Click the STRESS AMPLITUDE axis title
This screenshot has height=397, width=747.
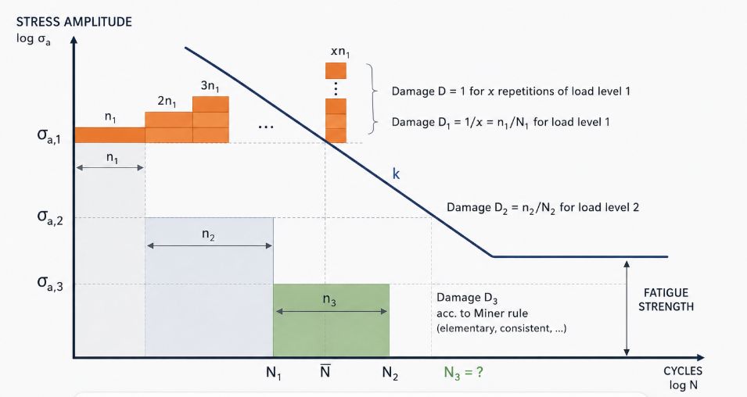[74, 22]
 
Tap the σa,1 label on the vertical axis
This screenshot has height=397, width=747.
[49, 136]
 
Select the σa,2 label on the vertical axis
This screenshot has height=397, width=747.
[50, 217]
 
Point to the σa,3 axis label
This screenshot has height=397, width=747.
[50, 283]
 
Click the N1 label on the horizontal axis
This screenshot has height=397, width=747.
[274, 374]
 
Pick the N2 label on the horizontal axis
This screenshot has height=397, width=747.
[390, 374]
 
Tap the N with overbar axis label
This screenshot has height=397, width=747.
[325, 370]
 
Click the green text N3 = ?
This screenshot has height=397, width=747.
[463, 373]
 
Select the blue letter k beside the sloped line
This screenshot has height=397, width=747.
[396, 173]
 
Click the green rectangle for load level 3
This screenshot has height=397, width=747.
[331, 320]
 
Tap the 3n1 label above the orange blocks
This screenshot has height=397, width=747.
[210, 86]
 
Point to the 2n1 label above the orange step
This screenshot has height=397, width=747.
[167, 102]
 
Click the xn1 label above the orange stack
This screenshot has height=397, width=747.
[340, 52]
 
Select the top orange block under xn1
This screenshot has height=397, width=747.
[336, 71]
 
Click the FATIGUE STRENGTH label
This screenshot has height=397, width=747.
[666, 299]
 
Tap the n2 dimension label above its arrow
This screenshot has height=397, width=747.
[208, 234]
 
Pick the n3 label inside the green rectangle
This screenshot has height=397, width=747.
[329, 300]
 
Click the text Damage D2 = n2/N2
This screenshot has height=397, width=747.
[501, 208]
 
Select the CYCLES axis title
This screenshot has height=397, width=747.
[683, 371]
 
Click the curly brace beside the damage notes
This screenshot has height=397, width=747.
[372, 99]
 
